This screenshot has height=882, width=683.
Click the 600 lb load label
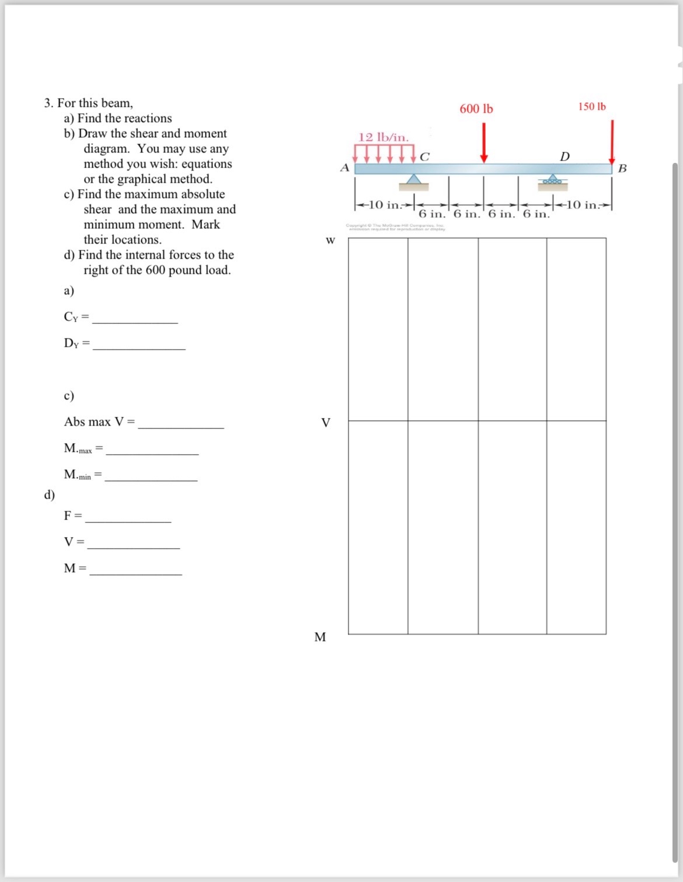(476, 109)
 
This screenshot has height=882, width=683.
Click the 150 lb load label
(592, 107)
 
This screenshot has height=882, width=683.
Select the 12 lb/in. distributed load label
(384, 137)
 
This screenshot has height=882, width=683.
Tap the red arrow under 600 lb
(483, 144)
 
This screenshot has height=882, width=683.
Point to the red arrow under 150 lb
(612, 142)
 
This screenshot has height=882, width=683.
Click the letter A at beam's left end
(344, 168)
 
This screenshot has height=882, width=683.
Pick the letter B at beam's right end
(622, 169)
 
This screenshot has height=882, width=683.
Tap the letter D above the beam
(564, 156)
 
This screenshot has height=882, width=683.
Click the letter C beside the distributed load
(424, 156)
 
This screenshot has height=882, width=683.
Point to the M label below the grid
(320, 637)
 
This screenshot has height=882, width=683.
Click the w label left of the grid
(330, 240)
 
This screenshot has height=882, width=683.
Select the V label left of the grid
(326, 422)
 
